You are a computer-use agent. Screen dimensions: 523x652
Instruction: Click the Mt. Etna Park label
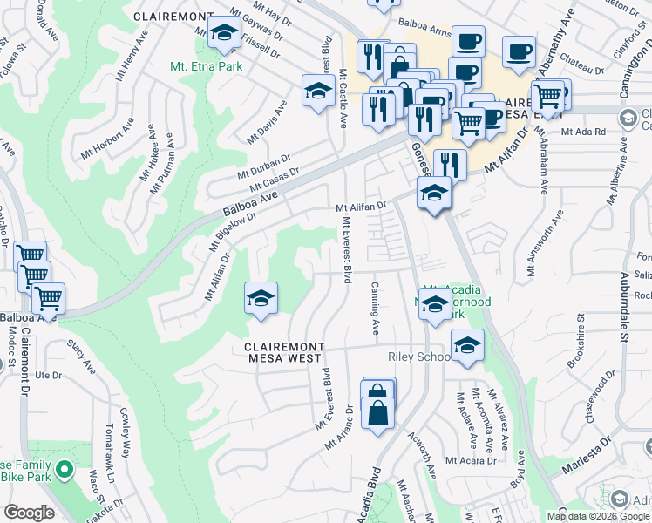pyautogui.click(x=203, y=65)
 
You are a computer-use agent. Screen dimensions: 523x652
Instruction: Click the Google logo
pyautogui.click(x=29, y=513)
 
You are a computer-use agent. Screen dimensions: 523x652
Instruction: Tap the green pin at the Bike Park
pyautogui.click(x=63, y=472)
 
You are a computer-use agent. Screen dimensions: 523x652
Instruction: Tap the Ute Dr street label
pyautogui.click(x=51, y=376)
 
